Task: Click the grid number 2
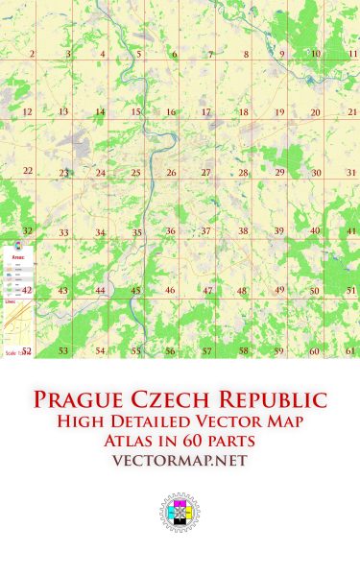tap(33, 54)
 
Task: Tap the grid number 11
tap(352, 54)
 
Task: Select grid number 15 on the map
tap(136, 112)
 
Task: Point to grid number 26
tap(171, 173)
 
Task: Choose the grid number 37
tap(205, 231)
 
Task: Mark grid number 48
tap(242, 291)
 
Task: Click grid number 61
tap(351, 350)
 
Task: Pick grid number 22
tap(28, 171)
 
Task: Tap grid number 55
tap(135, 351)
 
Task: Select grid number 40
tap(315, 230)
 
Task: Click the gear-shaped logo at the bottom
tap(179, 513)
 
